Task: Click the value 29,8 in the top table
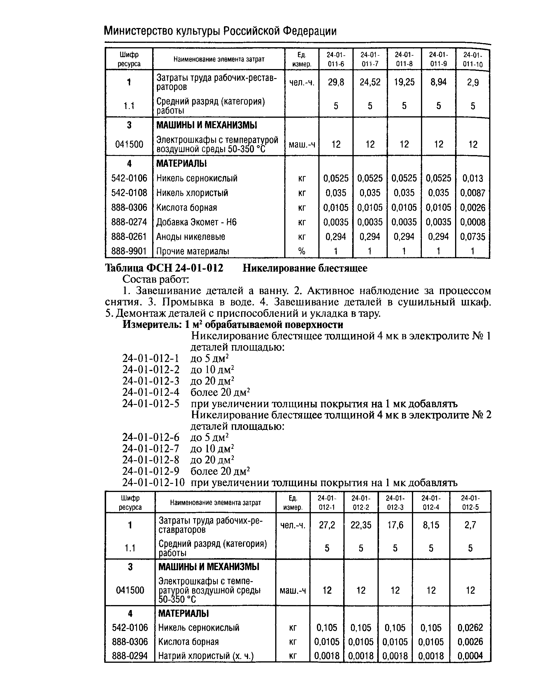[336, 82]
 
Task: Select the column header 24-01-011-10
[473, 59]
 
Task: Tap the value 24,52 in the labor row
[370, 82]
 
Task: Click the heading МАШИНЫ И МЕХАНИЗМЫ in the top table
[207, 125]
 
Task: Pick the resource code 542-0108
[129, 193]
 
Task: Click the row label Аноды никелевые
[191, 237]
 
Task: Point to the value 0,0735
[473, 237]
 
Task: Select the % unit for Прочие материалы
[301, 251]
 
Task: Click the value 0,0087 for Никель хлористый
[473, 193]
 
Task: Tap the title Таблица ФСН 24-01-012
[164, 268]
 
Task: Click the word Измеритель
[151, 325]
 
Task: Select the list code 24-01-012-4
[151, 392]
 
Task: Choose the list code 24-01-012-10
[153, 482]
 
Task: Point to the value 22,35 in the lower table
[361, 525]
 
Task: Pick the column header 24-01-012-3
[395, 502]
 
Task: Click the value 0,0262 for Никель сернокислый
[470, 628]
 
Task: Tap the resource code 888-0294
[130, 656]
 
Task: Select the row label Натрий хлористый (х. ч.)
[206, 656]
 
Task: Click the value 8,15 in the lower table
[431, 525]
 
